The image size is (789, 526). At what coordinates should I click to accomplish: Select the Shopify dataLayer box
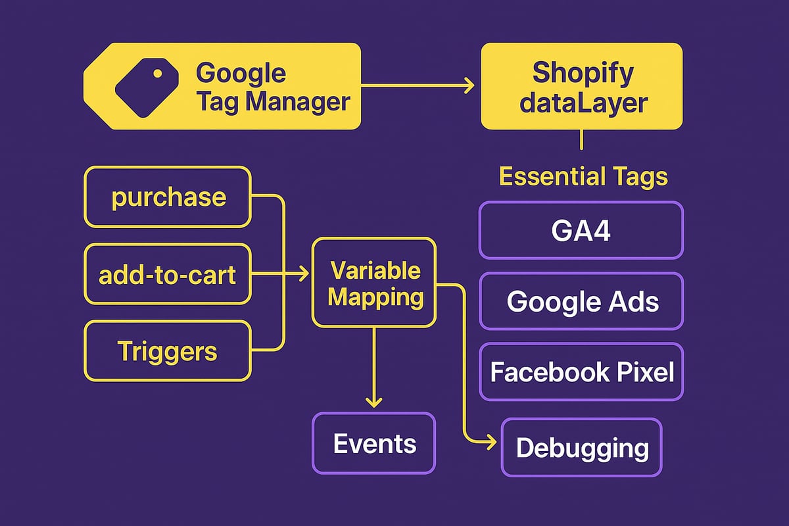581,86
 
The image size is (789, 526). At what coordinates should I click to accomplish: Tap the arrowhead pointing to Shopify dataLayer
469,85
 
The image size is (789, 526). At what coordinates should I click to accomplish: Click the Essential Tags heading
583,176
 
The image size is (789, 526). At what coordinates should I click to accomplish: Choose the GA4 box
581,230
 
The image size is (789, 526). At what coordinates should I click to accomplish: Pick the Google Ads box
581,301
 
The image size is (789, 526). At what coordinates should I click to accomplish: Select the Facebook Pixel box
581,371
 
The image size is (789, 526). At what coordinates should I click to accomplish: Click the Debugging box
581,448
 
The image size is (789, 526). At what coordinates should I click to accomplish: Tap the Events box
373,443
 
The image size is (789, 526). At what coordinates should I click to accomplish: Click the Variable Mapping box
373,283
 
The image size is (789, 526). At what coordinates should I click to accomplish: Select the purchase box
168,197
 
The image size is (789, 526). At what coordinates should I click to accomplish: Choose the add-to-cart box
168,274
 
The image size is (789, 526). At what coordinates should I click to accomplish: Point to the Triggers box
168,351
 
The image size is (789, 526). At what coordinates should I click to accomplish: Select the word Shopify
583,72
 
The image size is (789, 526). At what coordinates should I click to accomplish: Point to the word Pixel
644,372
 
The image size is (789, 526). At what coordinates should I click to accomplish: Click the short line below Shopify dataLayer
581,141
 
